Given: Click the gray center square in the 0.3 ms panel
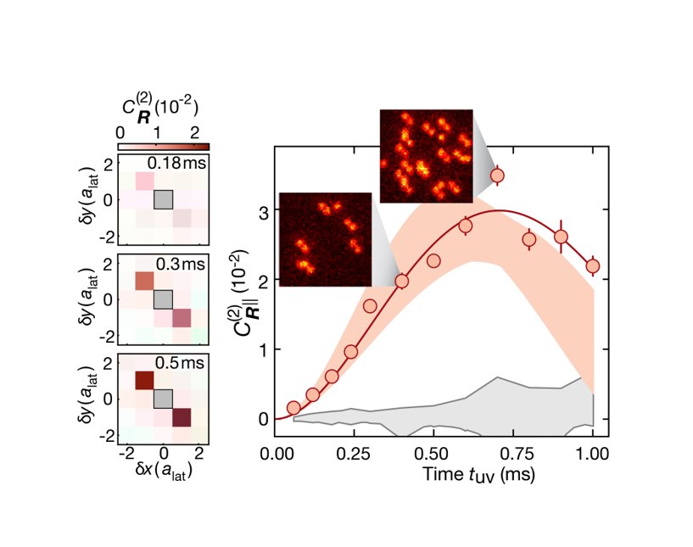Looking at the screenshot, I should (x=163, y=299).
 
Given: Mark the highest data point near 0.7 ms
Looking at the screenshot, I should (x=498, y=176).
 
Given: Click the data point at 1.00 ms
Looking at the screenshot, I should (x=592, y=265).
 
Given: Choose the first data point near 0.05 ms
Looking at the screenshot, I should (x=293, y=408).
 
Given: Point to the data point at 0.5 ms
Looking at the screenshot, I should (x=433, y=260).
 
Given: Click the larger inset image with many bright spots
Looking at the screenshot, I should (x=426, y=155).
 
